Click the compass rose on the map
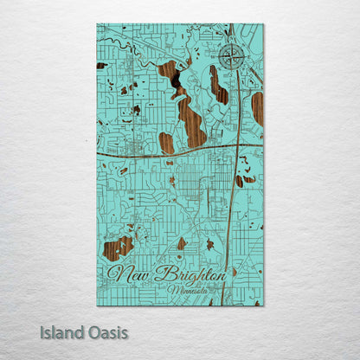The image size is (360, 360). point(231,57)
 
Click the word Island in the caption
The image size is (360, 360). point(70,331)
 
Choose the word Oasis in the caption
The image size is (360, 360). point(109,331)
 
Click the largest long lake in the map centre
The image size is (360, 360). point(191,117)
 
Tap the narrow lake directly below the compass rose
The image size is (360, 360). point(218,85)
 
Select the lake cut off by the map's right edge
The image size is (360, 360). point(257,108)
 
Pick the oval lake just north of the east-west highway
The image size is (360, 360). point(166,142)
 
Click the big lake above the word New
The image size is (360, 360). point(119,247)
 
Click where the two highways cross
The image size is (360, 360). point(235,146)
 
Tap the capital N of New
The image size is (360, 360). point(118,277)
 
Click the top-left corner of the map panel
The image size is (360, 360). point(97,24)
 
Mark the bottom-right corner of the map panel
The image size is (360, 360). point(263,305)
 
